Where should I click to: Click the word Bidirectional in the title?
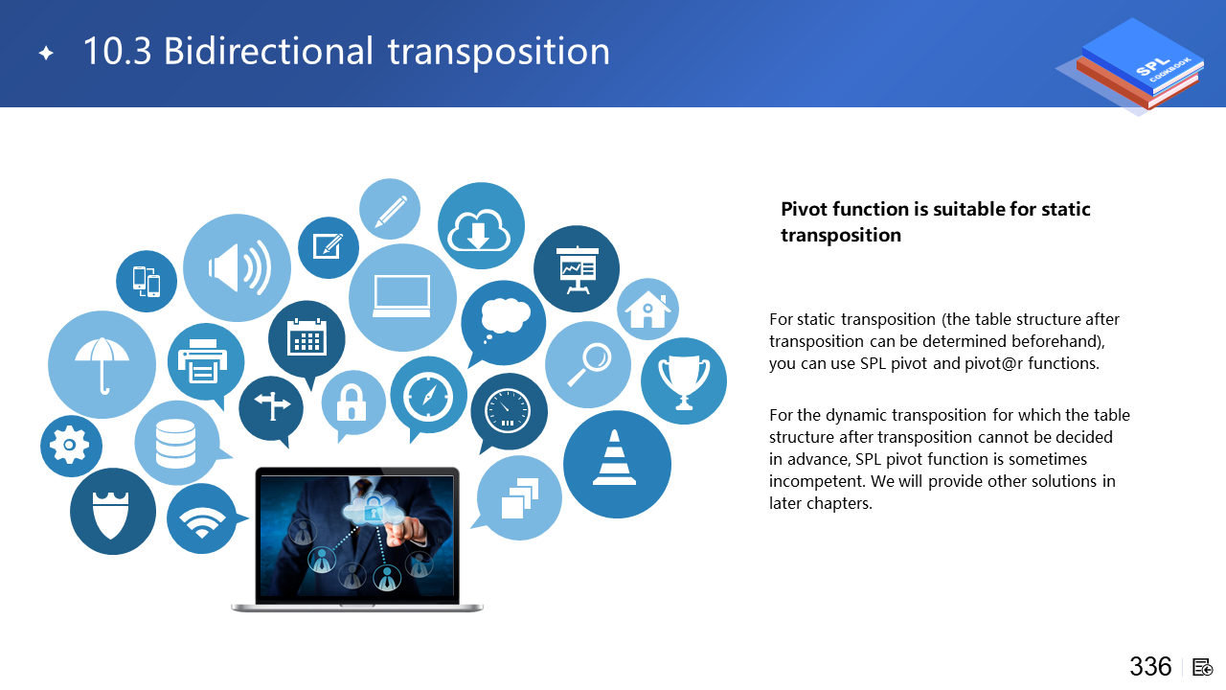(269, 51)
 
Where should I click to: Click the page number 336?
(1150, 666)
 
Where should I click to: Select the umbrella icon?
(102, 365)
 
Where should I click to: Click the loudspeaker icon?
(239, 268)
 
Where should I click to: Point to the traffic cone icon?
(615, 458)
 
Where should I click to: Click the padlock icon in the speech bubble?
(352, 402)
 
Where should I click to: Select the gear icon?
(70, 446)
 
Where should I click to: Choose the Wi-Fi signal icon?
(202, 522)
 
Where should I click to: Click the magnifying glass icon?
(589, 364)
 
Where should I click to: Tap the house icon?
(648, 310)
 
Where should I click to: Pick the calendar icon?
(307, 336)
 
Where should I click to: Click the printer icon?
(202, 361)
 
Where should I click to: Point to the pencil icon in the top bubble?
(391, 211)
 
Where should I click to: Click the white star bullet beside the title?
(47, 53)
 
